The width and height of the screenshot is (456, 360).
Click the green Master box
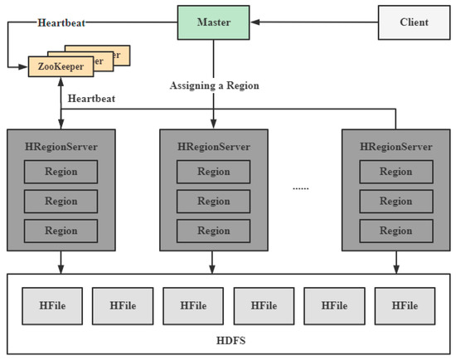tap(214, 22)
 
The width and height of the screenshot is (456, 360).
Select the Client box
tap(414, 22)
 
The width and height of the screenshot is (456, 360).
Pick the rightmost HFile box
tap(404, 305)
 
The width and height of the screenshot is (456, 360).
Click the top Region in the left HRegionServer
tap(61, 172)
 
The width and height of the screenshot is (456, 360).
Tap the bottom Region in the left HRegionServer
tap(61, 230)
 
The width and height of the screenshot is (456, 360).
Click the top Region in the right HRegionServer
tap(396, 172)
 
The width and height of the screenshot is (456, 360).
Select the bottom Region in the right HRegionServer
tap(396, 230)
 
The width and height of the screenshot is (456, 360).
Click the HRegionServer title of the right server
tap(396, 146)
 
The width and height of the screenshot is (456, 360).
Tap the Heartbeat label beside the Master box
tap(60, 22)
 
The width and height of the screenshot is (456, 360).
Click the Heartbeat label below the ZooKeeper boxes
tap(91, 98)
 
